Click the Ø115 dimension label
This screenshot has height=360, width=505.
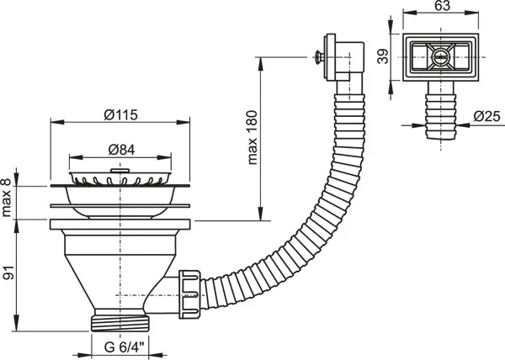point(121,115)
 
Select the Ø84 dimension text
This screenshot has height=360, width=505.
point(121,150)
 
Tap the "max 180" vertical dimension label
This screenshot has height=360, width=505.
point(252,137)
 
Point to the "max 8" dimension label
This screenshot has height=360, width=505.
point(7,198)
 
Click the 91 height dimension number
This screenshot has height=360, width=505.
point(8,273)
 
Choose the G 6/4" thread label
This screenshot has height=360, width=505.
point(125,347)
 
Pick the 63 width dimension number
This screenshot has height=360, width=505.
point(442,6)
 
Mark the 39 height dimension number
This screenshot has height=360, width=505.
point(383,56)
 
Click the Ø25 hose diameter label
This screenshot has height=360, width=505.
point(487,116)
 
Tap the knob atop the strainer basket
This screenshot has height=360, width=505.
point(120,170)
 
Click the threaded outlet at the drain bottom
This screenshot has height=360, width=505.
point(120,323)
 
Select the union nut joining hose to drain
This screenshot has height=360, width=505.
point(189,294)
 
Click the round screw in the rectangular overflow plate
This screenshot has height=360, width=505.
point(440,57)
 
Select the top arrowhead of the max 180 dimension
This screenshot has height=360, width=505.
point(260,63)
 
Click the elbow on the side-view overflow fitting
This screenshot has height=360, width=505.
point(350,61)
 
